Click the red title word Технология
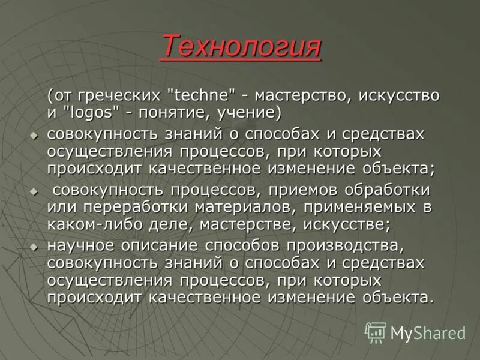click(x=241, y=46)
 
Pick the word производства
click(x=340, y=246)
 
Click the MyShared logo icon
click(x=376, y=332)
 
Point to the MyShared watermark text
click(x=427, y=332)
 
